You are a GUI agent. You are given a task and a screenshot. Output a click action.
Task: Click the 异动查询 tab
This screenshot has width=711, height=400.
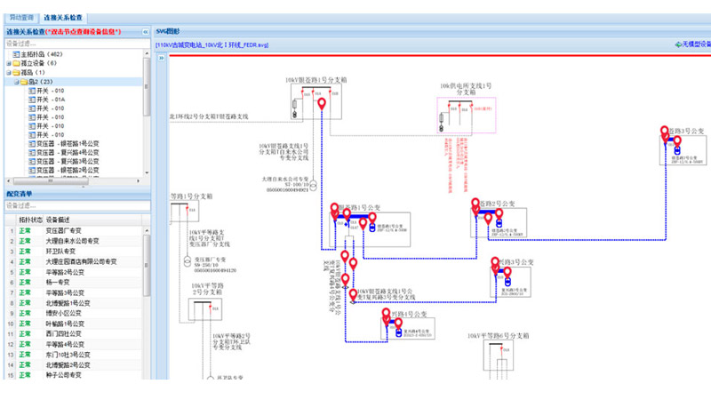[x=22, y=18]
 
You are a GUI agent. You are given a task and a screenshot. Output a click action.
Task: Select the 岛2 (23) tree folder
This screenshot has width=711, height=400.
[x=43, y=82]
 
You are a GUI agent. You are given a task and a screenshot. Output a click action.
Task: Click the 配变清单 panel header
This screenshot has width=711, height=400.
[x=20, y=193]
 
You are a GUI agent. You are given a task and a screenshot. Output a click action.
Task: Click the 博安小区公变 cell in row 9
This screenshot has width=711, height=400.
[x=65, y=313]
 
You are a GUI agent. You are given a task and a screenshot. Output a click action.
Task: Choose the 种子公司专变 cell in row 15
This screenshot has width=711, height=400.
[x=63, y=375]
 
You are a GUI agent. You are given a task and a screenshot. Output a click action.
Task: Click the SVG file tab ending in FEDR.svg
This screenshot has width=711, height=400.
[x=212, y=44]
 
